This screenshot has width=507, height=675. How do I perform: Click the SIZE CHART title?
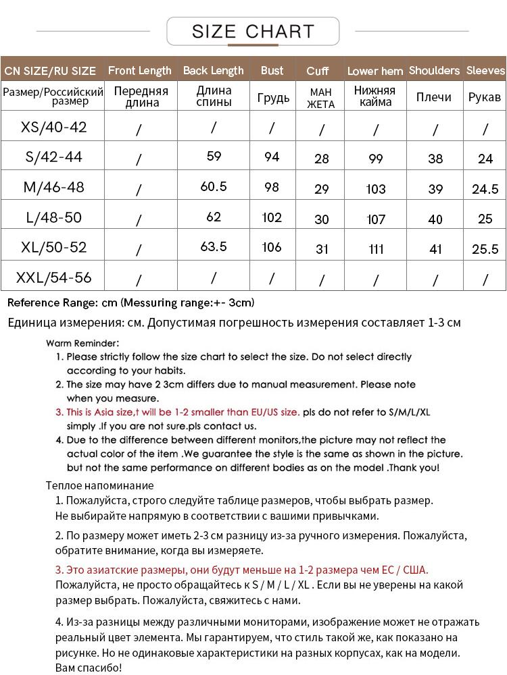[253, 31]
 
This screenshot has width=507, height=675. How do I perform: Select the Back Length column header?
[213, 70]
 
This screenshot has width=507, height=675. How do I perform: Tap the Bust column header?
[272, 70]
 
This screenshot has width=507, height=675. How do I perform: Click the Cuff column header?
[318, 71]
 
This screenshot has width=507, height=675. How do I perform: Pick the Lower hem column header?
[375, 71]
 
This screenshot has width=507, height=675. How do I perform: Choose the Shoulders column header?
[434, 70]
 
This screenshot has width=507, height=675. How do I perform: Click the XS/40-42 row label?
[54, 127]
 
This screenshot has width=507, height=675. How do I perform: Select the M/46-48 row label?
[54, 187]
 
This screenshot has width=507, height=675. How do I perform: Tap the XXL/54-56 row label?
[54, 277]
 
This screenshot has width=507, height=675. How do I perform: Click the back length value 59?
[214, 157]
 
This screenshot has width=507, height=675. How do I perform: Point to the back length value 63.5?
[214, 247]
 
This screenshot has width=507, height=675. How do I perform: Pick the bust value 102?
[272, 217]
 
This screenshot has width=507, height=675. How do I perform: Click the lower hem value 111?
[376, 249]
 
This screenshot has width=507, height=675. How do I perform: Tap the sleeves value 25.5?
[485, 249]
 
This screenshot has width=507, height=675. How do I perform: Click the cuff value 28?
[322, 159]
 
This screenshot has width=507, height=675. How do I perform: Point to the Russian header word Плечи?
[434, 97]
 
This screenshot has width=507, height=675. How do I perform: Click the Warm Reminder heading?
[82, 343]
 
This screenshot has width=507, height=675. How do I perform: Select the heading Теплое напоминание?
[99, 485]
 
